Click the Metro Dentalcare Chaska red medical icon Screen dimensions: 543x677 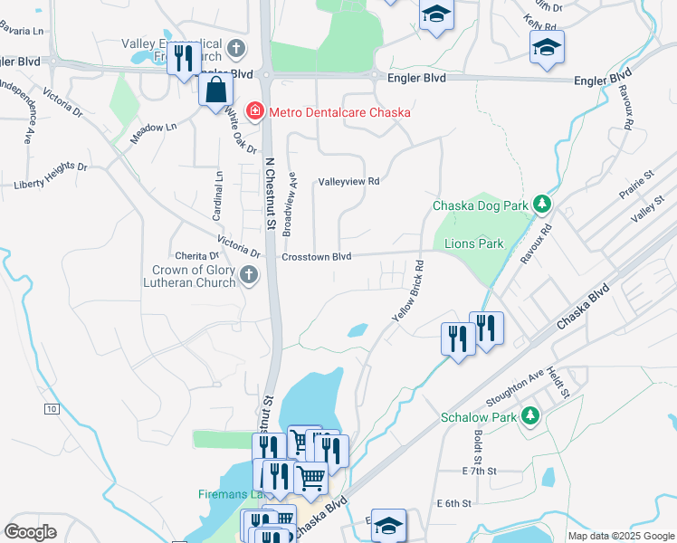tap(256, 112)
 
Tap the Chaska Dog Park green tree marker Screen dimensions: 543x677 tap(541, 205)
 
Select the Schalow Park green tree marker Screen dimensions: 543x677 tap(529, 417)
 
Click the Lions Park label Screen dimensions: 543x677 tap(473, 243)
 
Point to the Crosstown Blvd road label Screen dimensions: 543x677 tap(316, 257)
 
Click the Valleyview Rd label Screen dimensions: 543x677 tap(348, 182)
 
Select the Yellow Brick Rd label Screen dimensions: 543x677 tap(408, 291)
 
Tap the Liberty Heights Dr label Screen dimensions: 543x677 tap(51, 176)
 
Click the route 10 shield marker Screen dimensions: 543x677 tap(52, 410)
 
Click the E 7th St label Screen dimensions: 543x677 tap(479, 472)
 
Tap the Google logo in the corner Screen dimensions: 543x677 tap(30, 531)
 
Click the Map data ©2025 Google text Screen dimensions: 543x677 tap(620, 536)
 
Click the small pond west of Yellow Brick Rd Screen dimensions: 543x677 tap(358, 330)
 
